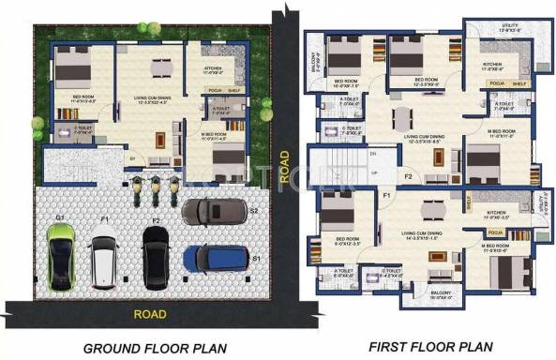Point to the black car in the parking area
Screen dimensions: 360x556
(155, 255)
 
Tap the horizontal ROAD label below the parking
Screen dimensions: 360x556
(150, 314)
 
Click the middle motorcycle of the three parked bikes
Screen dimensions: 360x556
(156, 187)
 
